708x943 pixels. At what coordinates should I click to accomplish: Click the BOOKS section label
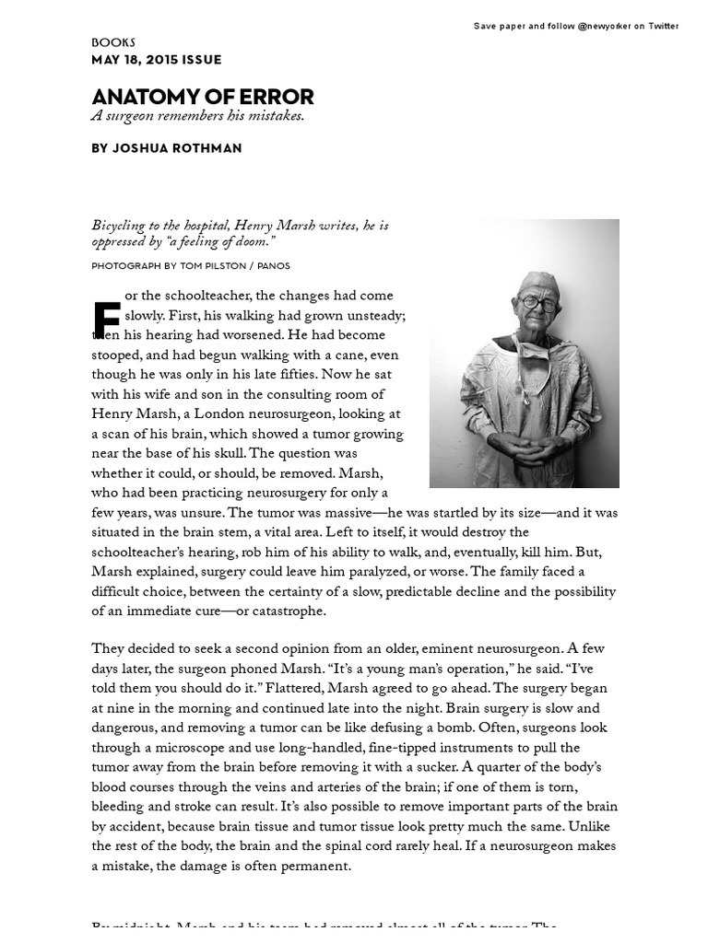click(x=113, y=42)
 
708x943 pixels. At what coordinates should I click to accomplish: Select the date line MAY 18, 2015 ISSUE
click(x=156, y=60)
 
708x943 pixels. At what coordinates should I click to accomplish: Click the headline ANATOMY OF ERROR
click(x=202, y=96)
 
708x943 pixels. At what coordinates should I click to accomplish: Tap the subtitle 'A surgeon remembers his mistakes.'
click(x=197, y=116)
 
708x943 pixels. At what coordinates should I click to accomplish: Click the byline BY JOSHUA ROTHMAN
click(x=166, y=148)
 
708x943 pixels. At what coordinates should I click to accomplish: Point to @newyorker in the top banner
click(x=604, y=26)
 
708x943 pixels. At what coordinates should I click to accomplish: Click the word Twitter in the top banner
click(x=663, y=26)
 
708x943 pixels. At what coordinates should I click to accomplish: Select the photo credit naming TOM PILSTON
click(x=191, y=266)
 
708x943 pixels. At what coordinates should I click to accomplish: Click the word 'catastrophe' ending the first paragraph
click(x=286, y=611)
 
